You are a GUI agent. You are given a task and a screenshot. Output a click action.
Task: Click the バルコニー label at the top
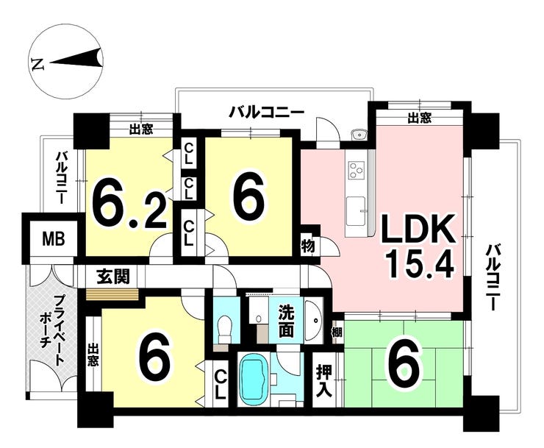[x=265, y=112]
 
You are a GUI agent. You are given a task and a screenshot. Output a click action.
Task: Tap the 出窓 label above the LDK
[x=419, y=117]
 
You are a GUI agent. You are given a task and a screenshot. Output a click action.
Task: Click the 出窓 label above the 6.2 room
[x=141, y=129]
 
